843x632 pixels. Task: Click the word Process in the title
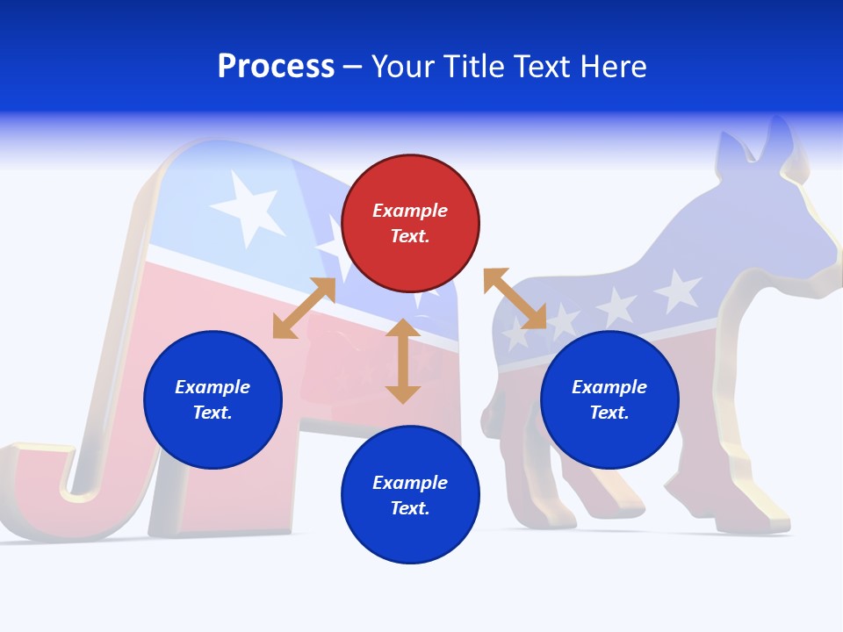(x=276, y=67)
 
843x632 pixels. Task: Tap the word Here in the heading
(x=612, y=67)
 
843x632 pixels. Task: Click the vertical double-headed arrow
(x=403, y=361)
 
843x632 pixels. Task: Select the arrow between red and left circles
(x=304, y=307)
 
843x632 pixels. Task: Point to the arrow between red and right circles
(x=515, y=298)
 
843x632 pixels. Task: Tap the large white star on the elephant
(x=248, y=207)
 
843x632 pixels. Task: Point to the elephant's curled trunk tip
(x=35, y=492)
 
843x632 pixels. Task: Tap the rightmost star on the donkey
(x=678, y=291)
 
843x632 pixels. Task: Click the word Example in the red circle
(x=410, y=211)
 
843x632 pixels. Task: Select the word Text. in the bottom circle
(x=410, y=508)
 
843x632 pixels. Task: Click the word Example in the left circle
(x=213, y=387)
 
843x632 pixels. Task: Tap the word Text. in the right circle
(x=609, y=413)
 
